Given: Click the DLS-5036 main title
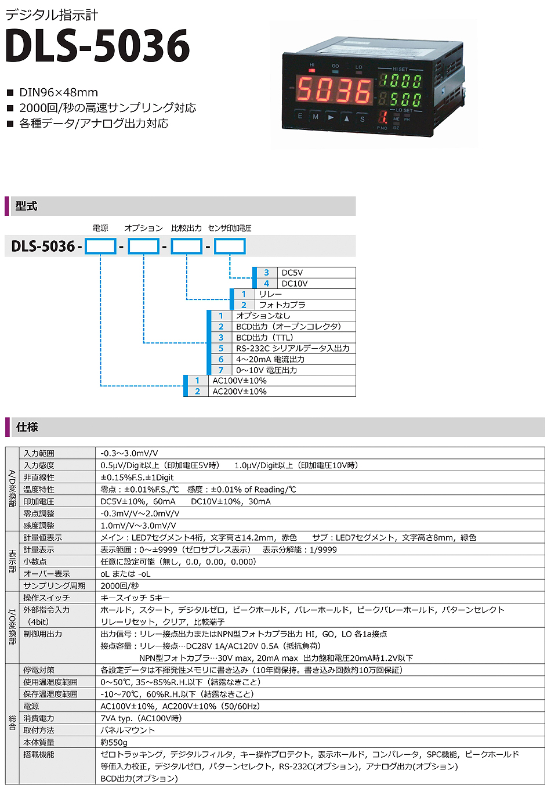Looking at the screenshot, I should point(97,46).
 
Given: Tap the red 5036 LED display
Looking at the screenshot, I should point(335,91).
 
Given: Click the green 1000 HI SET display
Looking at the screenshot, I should point(401,81).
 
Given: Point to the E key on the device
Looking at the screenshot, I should point(300,116).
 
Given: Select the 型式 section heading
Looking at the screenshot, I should point(26,206).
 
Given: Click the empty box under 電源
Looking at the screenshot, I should point(100,246).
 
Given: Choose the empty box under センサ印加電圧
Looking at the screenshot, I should point(230,246).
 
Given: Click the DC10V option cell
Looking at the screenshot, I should point(295,284).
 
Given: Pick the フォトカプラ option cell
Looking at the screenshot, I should point(282,305).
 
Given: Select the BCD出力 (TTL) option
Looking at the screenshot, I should point(264,338).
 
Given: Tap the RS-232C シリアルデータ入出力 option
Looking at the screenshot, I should point(292,349).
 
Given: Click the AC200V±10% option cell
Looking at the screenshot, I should point(240,392).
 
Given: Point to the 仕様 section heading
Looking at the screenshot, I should point(27,427).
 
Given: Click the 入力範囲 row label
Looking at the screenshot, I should point(39,454).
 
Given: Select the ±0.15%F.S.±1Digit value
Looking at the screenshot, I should point(137,478).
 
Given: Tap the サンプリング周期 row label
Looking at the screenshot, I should point(55,586).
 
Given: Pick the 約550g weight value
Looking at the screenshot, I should point(114,743).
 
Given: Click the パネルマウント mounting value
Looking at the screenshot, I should point(128,730).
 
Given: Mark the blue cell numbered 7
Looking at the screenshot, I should point(221,370).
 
